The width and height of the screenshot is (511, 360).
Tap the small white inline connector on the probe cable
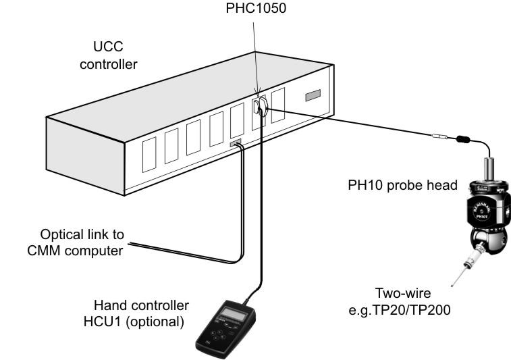439,137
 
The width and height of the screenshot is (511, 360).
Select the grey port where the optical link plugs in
236,143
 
